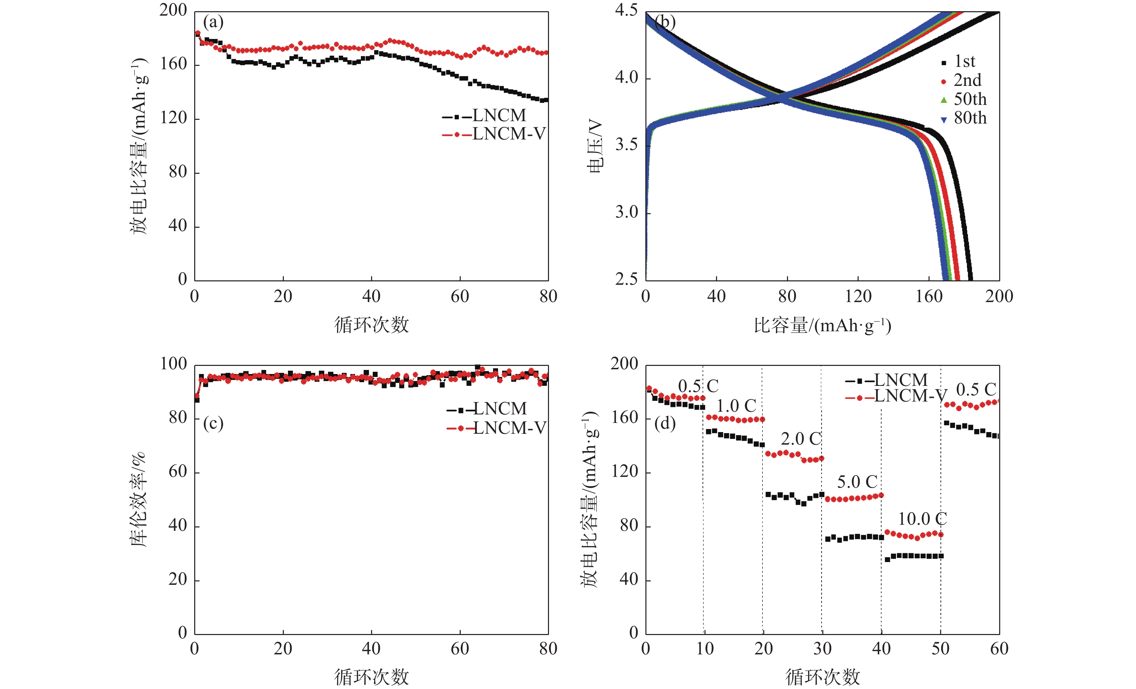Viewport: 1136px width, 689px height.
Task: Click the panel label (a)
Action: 213,22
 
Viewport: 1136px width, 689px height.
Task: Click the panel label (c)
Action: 213,423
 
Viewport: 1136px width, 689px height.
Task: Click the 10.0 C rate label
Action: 922,519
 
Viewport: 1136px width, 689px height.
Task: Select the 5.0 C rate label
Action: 857,482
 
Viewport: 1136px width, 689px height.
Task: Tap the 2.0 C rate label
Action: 801,439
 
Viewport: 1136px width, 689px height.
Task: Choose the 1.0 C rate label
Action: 736,406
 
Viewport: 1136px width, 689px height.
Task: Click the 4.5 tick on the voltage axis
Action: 626,10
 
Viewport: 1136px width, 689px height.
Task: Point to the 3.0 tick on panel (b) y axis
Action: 626,212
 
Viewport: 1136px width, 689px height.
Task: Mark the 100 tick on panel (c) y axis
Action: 173,364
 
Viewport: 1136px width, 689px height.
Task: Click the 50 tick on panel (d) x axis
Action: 940,649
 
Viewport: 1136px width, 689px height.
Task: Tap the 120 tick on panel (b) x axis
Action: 858,296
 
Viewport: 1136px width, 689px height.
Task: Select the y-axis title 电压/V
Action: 595,146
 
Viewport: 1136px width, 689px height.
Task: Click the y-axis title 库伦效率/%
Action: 138,500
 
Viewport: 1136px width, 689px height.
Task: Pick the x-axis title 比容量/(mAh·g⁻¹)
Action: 822,326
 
